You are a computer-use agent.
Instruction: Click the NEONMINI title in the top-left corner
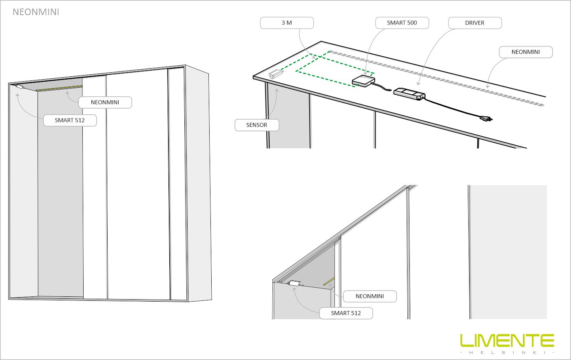(x=36, y=12)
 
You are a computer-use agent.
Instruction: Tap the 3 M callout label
(x=287, y=23)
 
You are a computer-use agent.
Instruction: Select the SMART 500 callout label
(x=402, y=23)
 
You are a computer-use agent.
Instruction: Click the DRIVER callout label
(x=475, y=23)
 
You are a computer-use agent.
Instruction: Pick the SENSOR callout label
(x=257, y=125)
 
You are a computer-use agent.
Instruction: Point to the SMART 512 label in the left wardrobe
(x=70, y=120)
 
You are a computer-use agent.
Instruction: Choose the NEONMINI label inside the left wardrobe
(x=105, y=102)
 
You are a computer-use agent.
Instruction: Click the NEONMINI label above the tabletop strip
(x=526, y=52)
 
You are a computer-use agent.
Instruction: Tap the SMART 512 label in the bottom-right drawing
(x=346, y=313)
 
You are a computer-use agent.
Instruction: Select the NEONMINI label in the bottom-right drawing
(x=370, y=296)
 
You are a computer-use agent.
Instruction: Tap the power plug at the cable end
(x=486, y=118)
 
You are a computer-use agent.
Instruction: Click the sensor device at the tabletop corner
(x=276, y=75)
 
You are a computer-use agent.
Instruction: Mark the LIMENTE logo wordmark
(x=507, y=340)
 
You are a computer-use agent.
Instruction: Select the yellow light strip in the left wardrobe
(x=59, y=88)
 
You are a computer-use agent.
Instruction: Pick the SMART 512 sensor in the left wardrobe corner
(x=20, y=87)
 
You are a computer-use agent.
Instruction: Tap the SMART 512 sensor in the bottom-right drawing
(x=294, y=283)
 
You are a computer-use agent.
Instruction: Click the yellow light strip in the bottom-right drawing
(x=329, y=281)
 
